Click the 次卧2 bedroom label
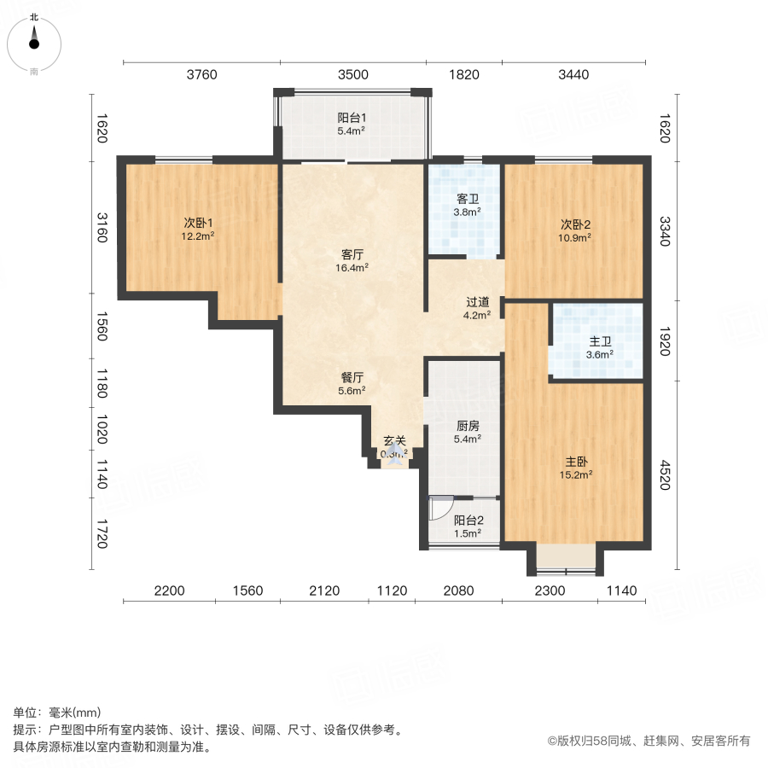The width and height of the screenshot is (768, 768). tap(575, 225)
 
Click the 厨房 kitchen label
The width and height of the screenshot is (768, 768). tap(466, 427)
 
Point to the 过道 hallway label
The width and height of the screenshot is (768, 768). tap(477, 302)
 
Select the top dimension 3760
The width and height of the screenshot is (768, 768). tap(202, 74)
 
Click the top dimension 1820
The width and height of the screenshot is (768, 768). tap(463, 74)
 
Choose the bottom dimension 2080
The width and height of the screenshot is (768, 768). tap(459, 590)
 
